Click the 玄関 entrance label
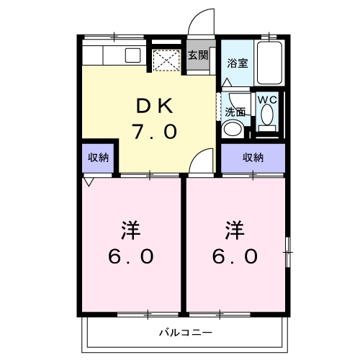point(198,54)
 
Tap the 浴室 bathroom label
point(238,62)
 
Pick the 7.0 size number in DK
point(153,132)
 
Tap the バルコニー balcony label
point(186,333)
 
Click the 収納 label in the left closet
point(98,157)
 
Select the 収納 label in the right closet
point(253,157)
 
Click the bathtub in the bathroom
point(271,63)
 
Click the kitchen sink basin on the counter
point(133,55)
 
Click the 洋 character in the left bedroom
point(130,232)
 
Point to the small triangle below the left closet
point(87,183)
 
